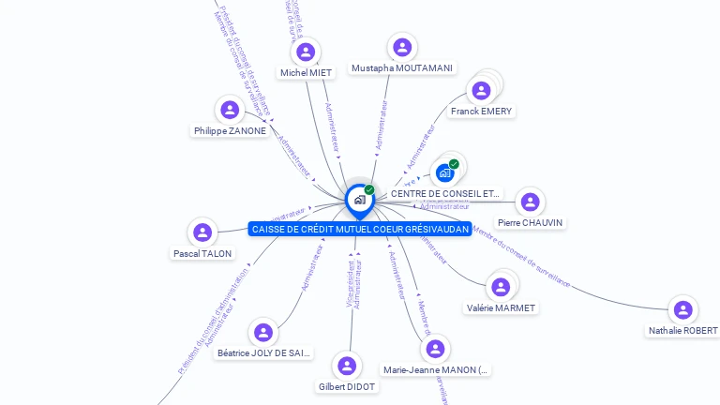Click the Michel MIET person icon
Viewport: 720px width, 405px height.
pos(306,52)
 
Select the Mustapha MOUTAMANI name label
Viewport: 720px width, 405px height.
pos(402,68)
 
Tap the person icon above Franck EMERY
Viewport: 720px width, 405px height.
pos(481,91)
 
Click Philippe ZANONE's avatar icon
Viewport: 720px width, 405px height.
pos(230,111)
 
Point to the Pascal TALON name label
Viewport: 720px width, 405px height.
pos(202,253)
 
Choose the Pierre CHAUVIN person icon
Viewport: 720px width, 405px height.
pos(530,202)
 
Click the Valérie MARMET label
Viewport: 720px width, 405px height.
pos(501,307)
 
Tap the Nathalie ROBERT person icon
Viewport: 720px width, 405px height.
pos(683,310)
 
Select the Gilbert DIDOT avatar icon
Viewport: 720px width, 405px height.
pos(347,366)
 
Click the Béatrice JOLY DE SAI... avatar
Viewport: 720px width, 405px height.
pos(263,333)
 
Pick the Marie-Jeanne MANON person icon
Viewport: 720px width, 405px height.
pos(435,350)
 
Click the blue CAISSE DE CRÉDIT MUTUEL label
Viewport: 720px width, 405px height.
pos(360,229)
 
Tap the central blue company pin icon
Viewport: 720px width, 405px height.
pos(359,200)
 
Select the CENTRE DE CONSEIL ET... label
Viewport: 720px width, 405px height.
pos(445,193)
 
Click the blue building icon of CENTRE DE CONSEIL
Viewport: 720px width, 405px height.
pos(445,172)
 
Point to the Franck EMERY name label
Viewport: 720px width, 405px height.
pos(481,112)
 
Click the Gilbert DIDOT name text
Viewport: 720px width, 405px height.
pos(347,386)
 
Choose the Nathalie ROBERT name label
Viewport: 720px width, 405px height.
pos(682,331)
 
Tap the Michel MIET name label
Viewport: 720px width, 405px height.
pos(306,72)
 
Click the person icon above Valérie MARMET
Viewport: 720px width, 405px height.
pos(501,287)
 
